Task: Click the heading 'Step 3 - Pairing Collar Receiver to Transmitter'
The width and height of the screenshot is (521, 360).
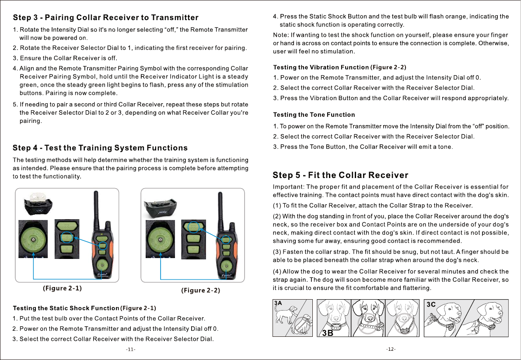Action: [x=106, y=18]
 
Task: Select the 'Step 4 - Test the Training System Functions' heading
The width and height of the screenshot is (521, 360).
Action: [x=100, y=148]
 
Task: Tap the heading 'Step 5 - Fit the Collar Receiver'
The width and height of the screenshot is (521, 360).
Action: [x=340, y=175]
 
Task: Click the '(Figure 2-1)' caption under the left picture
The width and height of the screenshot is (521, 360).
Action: [x=62, y=288]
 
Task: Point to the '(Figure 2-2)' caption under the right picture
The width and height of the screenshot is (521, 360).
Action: [x=201, y=290]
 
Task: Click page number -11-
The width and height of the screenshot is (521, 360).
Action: [x=130, y=350]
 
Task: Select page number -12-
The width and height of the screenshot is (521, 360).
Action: [x=391, y=350]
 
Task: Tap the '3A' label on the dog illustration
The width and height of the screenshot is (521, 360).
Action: [x=278, y=303]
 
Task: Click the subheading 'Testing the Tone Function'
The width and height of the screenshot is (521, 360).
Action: [x=314, y=115]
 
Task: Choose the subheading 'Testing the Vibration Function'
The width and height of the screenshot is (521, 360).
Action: [x=321, y=67]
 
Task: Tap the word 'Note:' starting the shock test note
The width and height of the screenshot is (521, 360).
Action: [x=280, y=35]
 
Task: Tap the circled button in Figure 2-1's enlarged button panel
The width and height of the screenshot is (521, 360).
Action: [x=66, y=238]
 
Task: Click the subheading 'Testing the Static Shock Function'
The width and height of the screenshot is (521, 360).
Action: [x=66, y=309]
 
